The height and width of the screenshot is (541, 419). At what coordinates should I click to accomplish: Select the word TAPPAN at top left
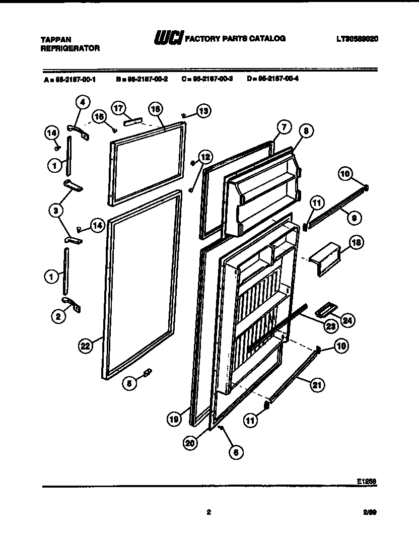(55, 39)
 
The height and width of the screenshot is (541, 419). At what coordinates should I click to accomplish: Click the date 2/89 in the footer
(370, 513)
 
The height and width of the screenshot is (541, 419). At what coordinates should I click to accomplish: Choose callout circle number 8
(306, 130)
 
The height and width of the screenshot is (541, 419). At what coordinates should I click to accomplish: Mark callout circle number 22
(86, 346)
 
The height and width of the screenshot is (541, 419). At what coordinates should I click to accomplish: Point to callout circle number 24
(347, 319)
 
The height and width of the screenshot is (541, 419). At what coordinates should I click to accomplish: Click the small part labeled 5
(148, 373)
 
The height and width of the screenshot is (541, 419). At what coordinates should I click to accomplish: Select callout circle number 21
(316, 385)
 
